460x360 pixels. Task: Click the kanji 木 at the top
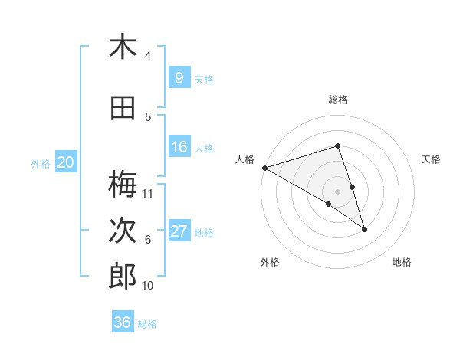(x=123, y=47)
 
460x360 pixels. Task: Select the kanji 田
(x=123, y=108)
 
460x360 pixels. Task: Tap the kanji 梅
(x=123, y=184)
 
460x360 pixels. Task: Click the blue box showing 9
(x=179, y=78)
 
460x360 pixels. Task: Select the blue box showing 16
(x=179, y=148)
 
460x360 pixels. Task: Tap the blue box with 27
(x=179, y=231)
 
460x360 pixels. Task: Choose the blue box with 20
(x=66, y=162)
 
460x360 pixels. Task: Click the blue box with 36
(x=123, y=322)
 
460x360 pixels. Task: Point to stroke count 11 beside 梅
(x=149, y=193)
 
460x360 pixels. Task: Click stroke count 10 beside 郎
(x=148, y=286)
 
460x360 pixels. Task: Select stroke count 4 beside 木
(x=148, y=56)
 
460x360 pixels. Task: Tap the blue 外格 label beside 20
(x=40, y=163)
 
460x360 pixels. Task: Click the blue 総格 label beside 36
(x=147, y=323)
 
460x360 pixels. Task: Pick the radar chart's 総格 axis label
(x=337, y=100)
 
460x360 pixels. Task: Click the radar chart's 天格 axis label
(x=431, y=159)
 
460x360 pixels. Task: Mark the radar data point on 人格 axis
(x=264, y=167)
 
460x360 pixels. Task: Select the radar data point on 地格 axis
(x=364, y=228)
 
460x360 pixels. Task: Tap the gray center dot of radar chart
(x=337, y=191)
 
